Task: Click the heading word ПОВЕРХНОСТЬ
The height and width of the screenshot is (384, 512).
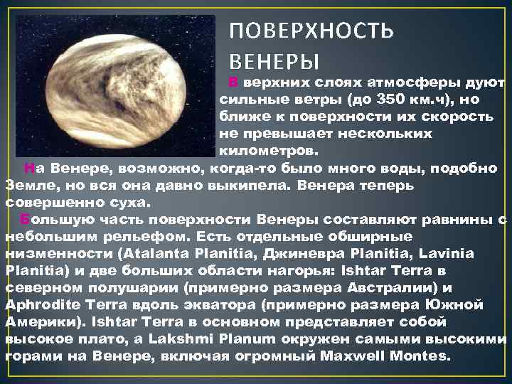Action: [x=311, y=32]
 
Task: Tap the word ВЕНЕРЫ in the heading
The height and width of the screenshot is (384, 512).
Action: [x=274, y=61]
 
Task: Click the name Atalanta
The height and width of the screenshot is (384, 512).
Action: [x=156, y=252]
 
